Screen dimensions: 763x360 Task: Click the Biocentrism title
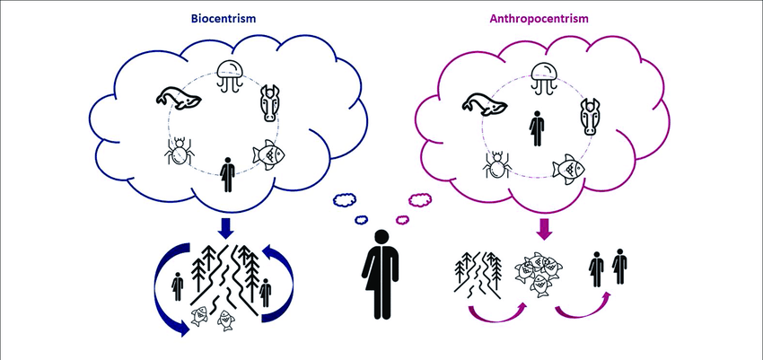(x=224, y=19)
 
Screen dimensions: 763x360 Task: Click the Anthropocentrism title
(x=539, y=19)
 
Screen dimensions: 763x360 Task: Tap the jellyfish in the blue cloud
(x=229, y=75)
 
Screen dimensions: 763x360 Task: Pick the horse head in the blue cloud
(x=270, y=102)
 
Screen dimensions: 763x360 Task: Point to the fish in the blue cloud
(x=268, y=155)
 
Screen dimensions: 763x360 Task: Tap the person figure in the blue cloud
(x=227, y=175)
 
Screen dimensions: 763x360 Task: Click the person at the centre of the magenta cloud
(x=537, y=128)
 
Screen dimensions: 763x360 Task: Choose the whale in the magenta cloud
(x=485, y=105)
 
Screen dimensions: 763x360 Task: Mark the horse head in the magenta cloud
(x=590, y=117)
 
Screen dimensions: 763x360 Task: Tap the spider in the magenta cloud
(x=496, y=165)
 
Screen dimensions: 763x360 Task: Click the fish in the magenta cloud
(x=568, y=170)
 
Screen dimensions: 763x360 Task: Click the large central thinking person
(x=380, y=275)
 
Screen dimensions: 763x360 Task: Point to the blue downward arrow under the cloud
(x=224, y=228)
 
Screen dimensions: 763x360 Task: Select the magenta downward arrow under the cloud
(x=544, y=228)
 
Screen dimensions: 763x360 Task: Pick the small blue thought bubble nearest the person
(x=361, y=220)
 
